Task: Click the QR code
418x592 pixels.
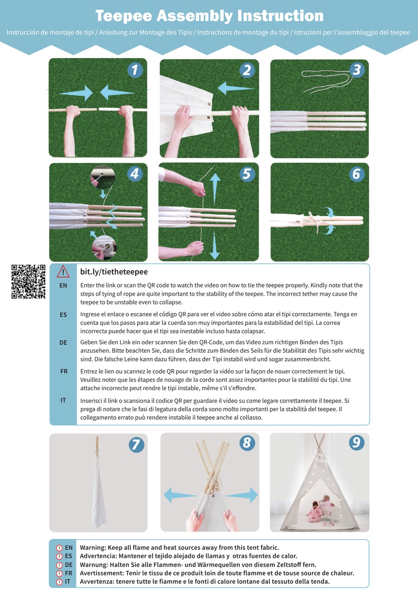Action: pos(28,282)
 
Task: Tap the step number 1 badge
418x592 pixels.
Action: pos(135,70)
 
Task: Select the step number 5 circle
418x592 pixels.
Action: pos(247,174)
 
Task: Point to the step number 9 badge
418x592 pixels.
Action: pos(356,442)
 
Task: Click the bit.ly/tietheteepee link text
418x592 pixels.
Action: pos(114,272)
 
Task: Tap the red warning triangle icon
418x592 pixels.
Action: pos(63,272)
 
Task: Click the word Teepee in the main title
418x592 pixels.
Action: pos(124,16)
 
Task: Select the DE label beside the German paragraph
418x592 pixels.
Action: pos(63,343)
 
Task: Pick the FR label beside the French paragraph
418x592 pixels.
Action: pos(64,372)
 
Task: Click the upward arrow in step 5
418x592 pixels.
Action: pos(215,187)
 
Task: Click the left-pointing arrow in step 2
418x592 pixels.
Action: pos(235,88)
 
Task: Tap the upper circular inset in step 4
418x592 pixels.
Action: pos(103,177)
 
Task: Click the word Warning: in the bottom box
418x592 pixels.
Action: pos(93,547)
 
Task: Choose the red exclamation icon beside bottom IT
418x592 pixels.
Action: pos(59,582)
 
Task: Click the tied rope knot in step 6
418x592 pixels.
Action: pos(315,219)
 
